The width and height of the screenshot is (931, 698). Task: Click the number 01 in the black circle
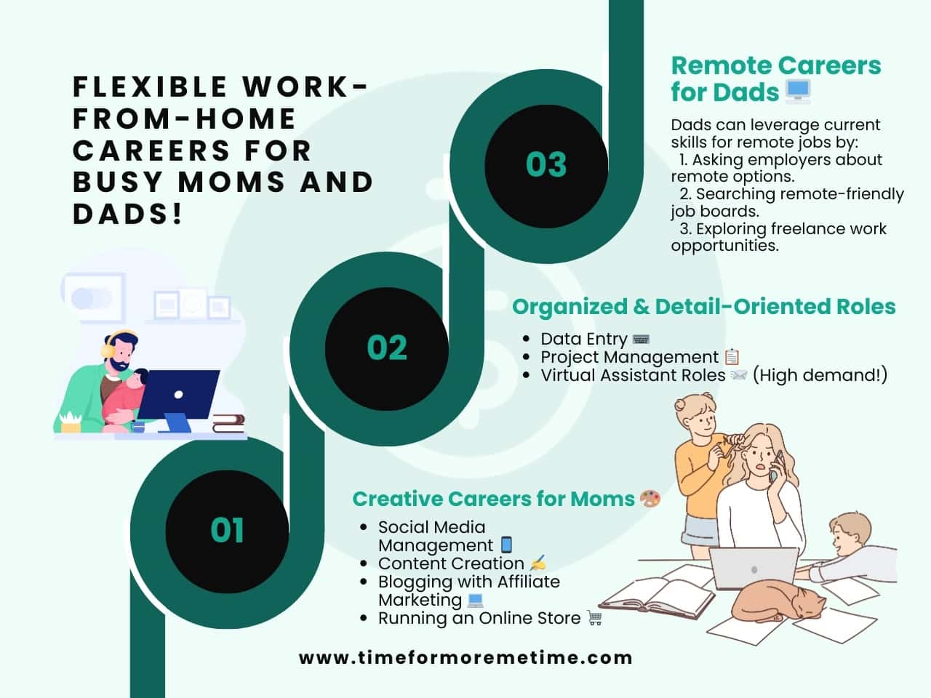pos(227,530)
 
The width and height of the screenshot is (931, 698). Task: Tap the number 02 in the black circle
pos(387,348)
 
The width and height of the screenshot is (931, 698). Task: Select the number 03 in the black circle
pos(546,164)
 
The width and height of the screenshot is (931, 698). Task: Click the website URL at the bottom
pos(465,658)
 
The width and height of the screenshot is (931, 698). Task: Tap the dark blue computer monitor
pos(178,394)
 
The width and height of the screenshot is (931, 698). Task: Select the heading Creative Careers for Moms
pos(493,499)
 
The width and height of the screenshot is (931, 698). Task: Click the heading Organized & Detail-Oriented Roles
pos(703,307)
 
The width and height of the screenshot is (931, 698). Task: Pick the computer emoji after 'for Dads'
pos(798,92)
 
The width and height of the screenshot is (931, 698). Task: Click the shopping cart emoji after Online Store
pos(595,618)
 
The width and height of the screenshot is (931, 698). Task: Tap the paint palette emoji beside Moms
pos(650,499)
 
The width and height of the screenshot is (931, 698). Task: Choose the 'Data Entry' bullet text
pos(583,339)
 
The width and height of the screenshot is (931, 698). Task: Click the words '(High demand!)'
pos(820,375)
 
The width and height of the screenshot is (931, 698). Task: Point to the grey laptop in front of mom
pos(754,569)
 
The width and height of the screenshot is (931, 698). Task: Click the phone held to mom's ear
pos(775,466)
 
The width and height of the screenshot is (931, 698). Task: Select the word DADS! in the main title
pos(128,214)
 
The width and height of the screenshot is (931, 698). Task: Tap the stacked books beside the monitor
pos(228,424)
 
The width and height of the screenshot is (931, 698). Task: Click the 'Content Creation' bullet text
pos(451,563)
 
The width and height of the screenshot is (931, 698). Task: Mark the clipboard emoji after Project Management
pos(732,357)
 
